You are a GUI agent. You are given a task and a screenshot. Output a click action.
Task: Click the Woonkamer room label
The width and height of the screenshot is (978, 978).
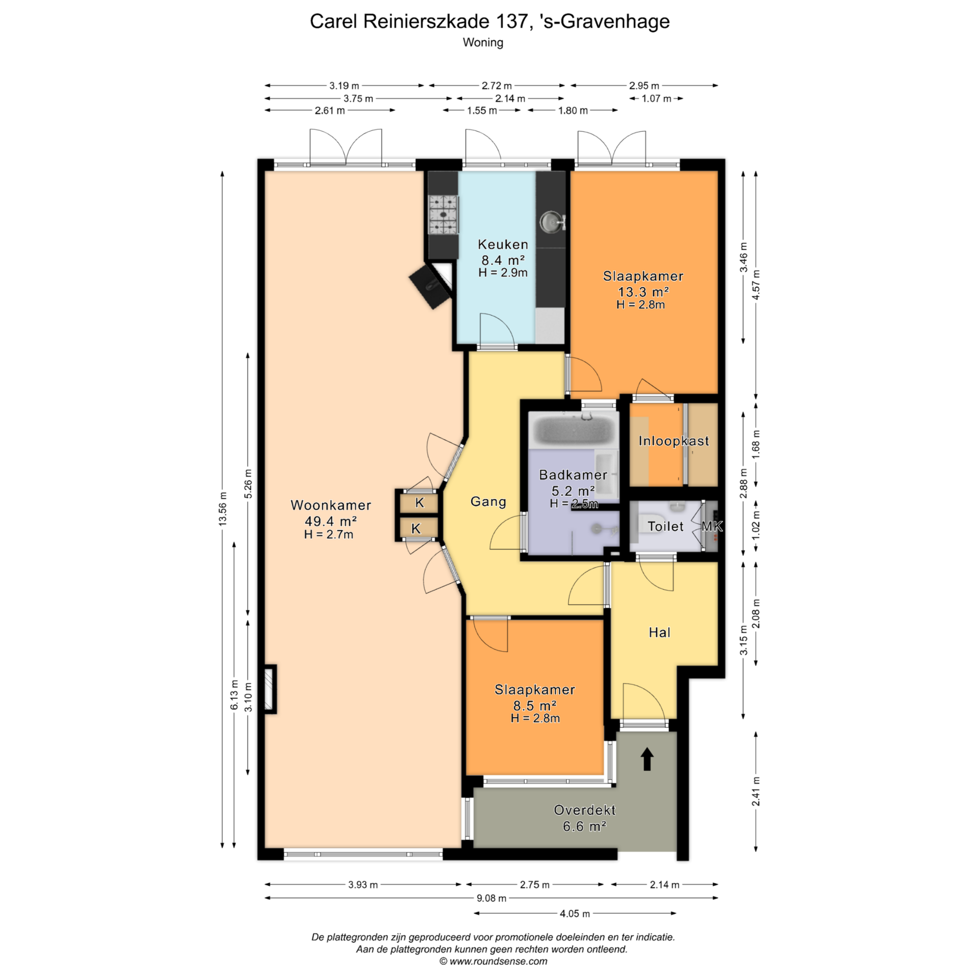coord(331,505)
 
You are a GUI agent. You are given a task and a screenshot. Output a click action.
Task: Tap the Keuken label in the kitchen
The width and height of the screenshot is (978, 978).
coord(503,244)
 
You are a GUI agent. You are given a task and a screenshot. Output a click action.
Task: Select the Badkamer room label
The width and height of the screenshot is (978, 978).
coord(573,475)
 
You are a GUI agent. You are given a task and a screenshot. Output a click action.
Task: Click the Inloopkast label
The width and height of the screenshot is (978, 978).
coord(673,441)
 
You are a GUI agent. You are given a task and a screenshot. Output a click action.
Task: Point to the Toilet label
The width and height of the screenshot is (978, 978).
coord(665,526)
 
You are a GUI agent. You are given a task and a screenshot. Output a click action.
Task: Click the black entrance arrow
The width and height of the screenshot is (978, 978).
coord(647,759)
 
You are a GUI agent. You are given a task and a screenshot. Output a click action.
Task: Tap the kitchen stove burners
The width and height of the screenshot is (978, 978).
coord(443,214)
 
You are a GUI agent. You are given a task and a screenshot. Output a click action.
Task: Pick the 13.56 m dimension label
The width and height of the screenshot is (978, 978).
coord(223,509)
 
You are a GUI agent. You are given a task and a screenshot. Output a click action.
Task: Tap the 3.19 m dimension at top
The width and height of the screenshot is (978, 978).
coord(344,86)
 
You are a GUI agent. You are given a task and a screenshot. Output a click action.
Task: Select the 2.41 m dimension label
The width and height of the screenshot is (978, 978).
coord(756,792)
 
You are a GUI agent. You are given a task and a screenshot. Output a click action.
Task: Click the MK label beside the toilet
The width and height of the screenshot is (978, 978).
coord(712,526)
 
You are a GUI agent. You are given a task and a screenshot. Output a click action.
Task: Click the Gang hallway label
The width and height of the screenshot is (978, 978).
coord(488,502)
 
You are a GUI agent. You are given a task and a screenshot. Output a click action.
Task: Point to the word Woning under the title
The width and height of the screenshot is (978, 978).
coord(483,43)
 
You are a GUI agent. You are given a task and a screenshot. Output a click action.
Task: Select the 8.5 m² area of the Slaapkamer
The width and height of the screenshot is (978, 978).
coord(534,705)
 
